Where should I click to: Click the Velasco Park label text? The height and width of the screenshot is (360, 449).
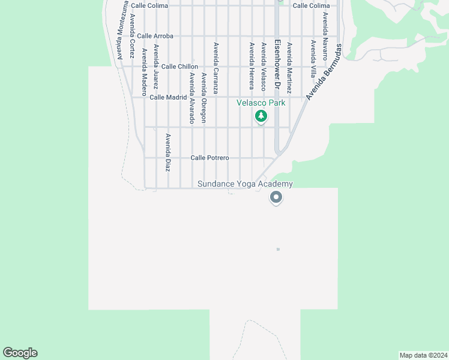(261, 103)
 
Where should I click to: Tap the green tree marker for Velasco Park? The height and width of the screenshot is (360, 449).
(261, 116)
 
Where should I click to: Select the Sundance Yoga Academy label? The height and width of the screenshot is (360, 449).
(246, 184)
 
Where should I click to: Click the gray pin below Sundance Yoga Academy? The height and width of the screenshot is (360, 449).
(276, 197)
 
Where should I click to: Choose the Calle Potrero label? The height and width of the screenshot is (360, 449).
(209, 158)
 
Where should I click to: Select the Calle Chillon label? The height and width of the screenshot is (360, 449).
(179, 67)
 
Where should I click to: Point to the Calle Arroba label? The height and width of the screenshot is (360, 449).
(155, 36)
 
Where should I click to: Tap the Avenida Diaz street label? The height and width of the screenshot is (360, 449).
(168, 152)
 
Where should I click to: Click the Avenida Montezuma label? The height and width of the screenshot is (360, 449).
(122, 30)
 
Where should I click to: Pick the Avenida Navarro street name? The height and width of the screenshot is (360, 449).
(325, 36)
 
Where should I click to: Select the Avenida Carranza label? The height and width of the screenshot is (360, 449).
(215, 68)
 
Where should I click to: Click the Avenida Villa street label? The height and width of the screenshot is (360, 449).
(313, 60)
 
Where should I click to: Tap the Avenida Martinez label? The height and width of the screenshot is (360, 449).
(289, 67)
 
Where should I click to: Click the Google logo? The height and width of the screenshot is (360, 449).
(20, 353)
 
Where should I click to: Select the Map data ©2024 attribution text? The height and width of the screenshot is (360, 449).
(423, 355)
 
